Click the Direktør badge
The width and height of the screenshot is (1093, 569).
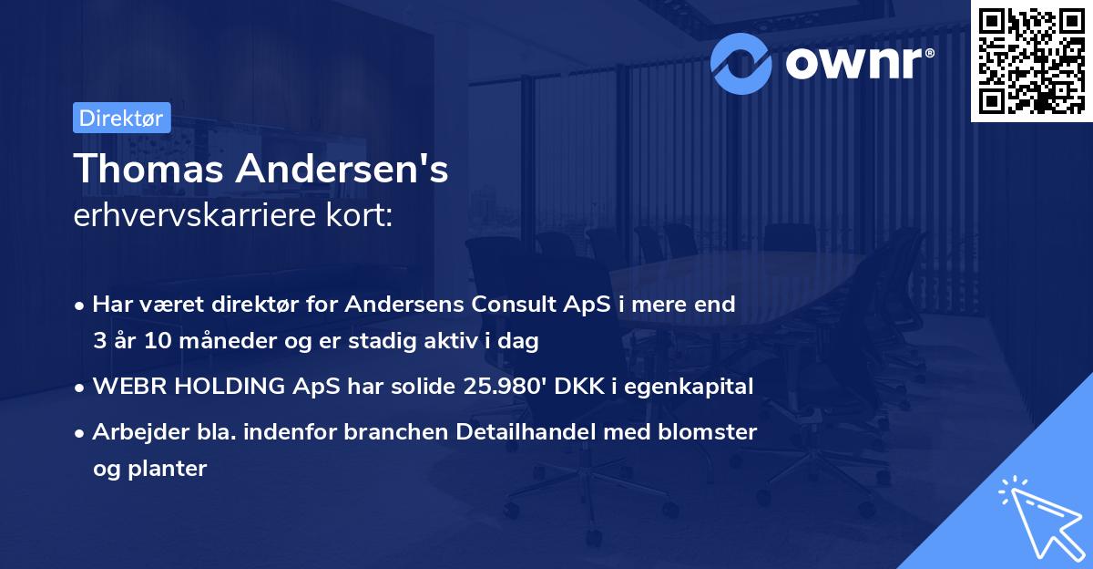point(121,118)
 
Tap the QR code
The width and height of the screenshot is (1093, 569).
point(1031,60)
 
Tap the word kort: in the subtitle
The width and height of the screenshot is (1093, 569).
point(362,217)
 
